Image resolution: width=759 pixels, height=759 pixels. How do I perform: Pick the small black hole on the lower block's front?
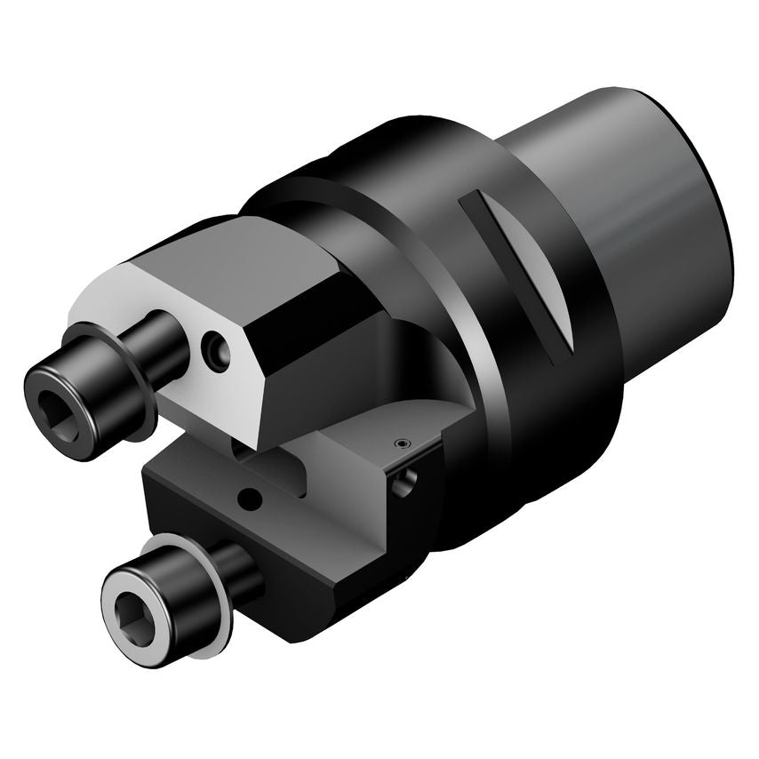[x=254, y=494]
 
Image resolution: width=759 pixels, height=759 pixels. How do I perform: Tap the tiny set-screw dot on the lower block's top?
[x=401, y=443]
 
